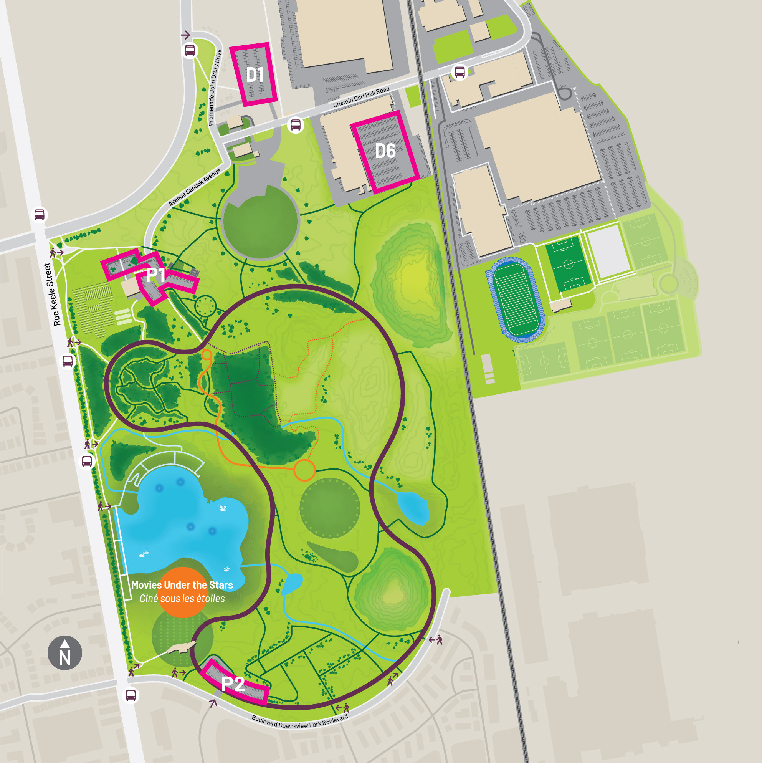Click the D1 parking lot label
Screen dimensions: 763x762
click(x=255, y=74)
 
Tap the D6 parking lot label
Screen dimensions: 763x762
click(x=385, y=151)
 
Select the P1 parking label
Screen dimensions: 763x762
click(x=155, y=275)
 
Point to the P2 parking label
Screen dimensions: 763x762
click(x=233, y=684)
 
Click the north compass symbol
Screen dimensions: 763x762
click(x=65, y=653)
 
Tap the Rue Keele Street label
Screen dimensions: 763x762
click(x=52, y=294)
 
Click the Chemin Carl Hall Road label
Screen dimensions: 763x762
click(x=361, y=97)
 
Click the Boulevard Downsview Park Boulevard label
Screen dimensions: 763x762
click(x=300, y=722)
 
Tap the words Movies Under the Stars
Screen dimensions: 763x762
click(x=182, y=585)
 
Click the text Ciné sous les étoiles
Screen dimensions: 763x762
click(x=182, y=599)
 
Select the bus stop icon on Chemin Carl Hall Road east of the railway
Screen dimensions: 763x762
click(x=460, y=72)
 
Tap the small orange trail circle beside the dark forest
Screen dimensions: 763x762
click(x=207, y=354)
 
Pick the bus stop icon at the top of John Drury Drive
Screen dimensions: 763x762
click(x=190, y=51)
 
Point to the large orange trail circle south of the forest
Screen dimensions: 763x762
click(x=304, y=470)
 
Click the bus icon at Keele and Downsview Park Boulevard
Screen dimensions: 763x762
click(x=131, y=695)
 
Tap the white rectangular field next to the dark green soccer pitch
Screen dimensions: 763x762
click(x=608, y=252)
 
